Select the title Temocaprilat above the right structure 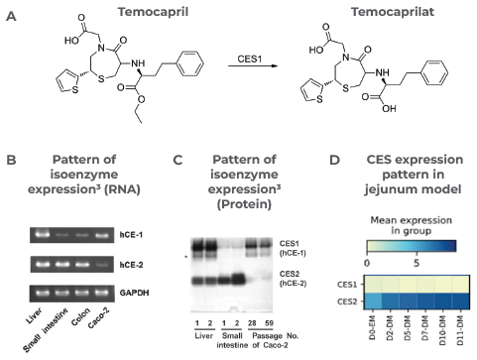click(378, 12)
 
